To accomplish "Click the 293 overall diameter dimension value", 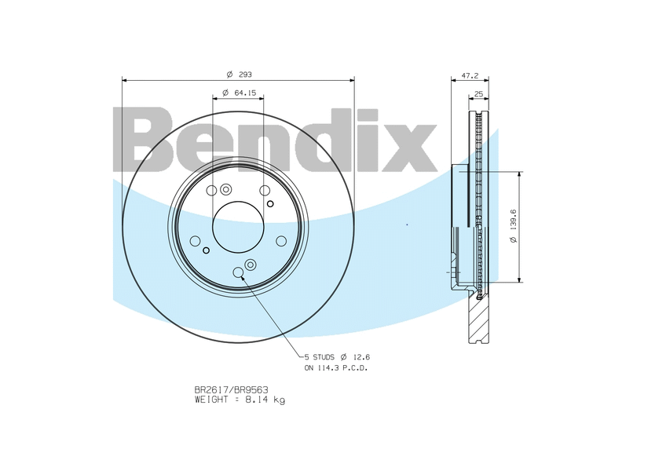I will (x=244, y=75).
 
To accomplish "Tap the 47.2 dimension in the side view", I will (x=470, y=75).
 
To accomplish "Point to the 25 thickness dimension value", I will (x=478, y=93).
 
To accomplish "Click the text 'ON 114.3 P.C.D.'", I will (x=336, y=367).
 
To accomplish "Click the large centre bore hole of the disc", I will (x=239, y=228).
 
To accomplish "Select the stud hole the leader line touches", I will (x=239, y=272).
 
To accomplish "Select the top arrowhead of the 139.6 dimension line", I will (x=520, y=174).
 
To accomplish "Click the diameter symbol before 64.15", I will (x=225, y=93).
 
